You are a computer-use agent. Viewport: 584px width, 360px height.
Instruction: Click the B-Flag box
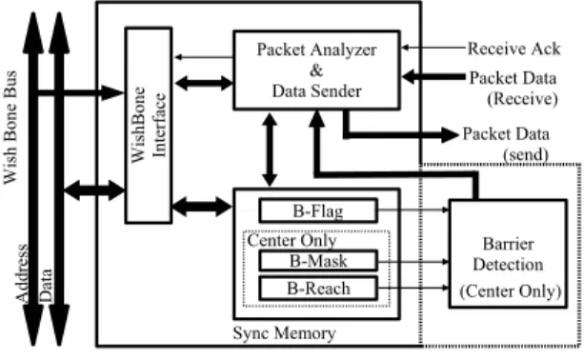(x=318, y=210)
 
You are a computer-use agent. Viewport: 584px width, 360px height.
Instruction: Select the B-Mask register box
(x=318, y=261)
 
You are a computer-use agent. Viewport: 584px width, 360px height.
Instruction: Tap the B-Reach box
(x=318, y=289)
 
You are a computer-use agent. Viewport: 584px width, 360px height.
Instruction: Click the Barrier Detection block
(x=508, y=253)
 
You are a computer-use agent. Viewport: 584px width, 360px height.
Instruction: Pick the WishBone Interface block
(x=149, y=126)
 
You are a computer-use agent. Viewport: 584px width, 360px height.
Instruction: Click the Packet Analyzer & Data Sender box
(x=316, y=70)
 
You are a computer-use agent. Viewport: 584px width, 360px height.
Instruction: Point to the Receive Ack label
(x=514, y=49)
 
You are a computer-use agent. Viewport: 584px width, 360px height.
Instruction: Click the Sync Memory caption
(x=284, y=332)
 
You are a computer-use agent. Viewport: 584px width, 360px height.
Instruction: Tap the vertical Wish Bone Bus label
(x=10, y=127)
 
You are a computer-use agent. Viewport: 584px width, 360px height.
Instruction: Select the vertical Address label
(x=22, y=273)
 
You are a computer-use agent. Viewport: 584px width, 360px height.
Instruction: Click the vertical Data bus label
(x=46, y=285)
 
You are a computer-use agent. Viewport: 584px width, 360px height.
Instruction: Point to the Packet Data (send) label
(x=506, y=144)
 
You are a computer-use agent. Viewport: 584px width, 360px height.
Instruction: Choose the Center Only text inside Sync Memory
(x=292, y=240)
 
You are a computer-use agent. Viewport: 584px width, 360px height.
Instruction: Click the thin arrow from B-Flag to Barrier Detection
(x=413, y=210)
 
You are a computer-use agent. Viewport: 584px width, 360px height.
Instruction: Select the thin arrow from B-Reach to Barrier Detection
(x=413, y=288)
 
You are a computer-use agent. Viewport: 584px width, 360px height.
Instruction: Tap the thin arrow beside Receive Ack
(x=433, y=48)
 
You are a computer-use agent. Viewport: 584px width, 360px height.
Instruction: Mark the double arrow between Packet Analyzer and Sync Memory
(x=270, y=150)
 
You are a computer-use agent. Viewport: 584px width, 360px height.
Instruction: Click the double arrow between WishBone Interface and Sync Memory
(x=202, y=207)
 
